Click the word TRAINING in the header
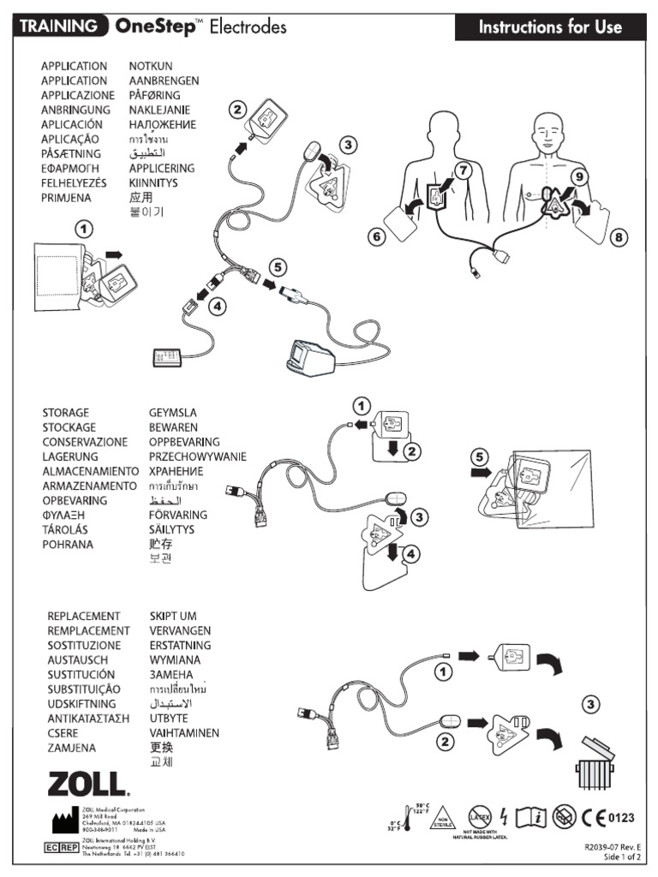click(58, 27)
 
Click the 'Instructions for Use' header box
click(550, 27)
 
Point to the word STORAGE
click(65, 413)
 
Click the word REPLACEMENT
click(83, 616)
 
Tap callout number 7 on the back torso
click(463, 170)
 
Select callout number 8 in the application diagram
click(619, 238)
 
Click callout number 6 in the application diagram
click(376, 238)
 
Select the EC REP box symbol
click(55, 847)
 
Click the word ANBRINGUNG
click(75, 110)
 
